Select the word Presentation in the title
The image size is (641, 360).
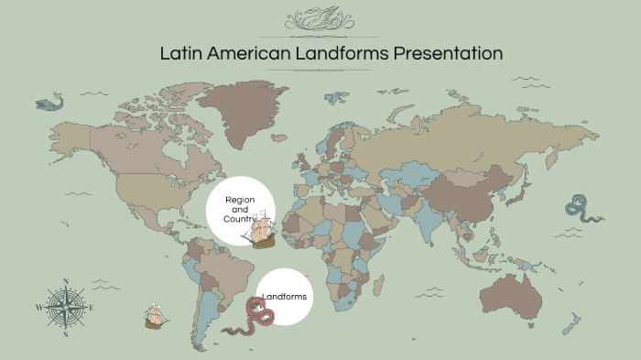click(448, 53)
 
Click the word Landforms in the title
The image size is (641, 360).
click(341, 53)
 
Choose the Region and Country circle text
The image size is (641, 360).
click(239, 209)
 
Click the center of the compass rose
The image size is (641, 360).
click(65, 307)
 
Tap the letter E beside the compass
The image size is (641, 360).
click(92, 308)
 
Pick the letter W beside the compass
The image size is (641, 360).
click(38, 308)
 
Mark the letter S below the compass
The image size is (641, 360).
click(65, 334)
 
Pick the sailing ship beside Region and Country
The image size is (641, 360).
click(260, 230)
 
